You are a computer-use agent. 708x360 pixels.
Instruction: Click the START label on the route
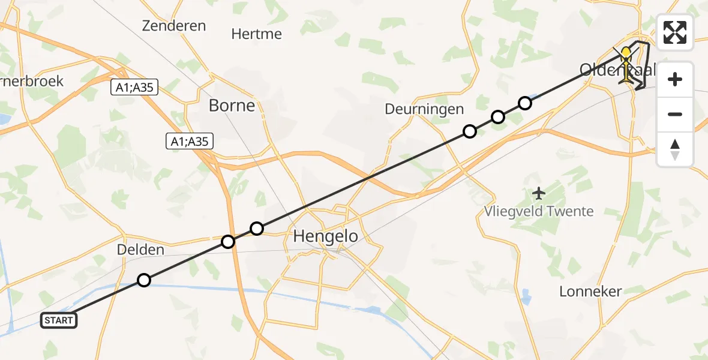(59, 320)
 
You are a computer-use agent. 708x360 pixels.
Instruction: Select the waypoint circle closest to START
(144, 280)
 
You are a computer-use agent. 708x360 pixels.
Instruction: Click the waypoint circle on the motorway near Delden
(228, 242)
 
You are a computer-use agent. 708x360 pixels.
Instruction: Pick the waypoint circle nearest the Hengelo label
(257, 228)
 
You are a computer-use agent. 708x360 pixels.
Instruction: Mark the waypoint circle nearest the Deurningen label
(470, 131)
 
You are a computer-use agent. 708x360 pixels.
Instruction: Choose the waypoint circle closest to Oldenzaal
(525, 103)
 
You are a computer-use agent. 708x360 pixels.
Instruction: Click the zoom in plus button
(675, 79)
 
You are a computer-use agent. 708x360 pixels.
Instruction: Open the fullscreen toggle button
(675, 32)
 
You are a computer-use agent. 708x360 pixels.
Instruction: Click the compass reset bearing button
(675, 149)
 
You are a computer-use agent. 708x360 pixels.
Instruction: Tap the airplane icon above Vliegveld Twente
(539, 193)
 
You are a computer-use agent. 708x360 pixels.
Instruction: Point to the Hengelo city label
(325, 236)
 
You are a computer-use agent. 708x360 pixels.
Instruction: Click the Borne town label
(232, 106)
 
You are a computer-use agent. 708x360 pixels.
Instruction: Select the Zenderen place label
(174, 26)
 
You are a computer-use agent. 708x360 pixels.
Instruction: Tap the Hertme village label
(256, 34)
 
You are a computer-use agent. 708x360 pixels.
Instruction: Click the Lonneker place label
(590, 292)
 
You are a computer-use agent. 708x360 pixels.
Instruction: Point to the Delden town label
(141, 250)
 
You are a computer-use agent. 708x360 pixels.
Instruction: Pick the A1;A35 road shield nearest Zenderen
(135, 88)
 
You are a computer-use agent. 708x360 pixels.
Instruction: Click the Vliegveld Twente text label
(539, 211)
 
